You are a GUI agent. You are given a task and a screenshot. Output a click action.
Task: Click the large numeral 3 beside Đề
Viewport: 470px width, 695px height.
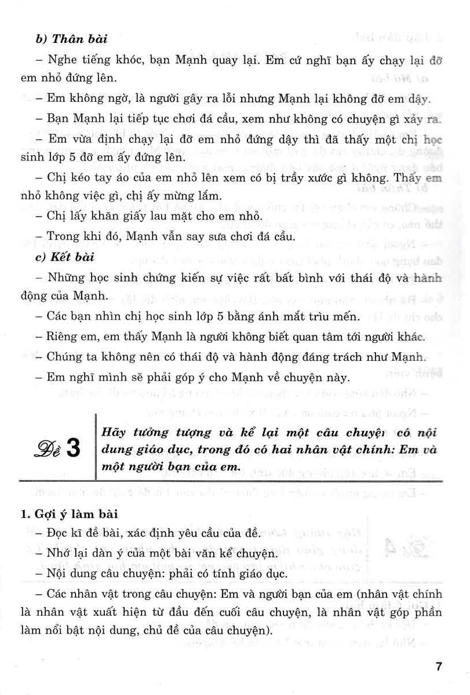75,451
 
